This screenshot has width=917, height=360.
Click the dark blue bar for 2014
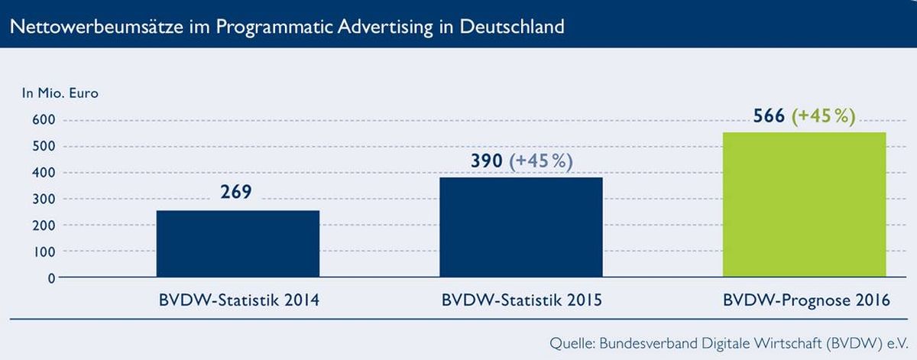tap(238, 244)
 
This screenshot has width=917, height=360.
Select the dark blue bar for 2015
tap(521, 227)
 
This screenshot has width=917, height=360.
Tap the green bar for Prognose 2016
tap(805, 205)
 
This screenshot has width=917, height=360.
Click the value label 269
tap(236, 192)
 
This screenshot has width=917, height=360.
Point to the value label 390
tap(486, 161)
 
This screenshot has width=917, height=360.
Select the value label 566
tap(769, 116)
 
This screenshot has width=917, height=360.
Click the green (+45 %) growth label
tap(823, 116)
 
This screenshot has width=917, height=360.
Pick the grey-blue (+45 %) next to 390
tap(540, 161)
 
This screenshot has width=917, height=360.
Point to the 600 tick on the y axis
tap(44, 119)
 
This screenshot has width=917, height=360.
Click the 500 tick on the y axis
tap(44, 146)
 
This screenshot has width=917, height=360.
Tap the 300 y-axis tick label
tap(44, 199)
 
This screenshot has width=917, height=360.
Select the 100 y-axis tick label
tap(44, 252)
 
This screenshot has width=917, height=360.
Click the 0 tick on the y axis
tap(51, 278)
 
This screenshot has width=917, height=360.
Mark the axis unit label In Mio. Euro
tap(60, 93)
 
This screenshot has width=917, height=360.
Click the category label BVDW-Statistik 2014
tap(239, 300)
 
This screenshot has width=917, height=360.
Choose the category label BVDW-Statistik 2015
tap(522, 300)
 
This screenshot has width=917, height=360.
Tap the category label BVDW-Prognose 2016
tap(806, 300)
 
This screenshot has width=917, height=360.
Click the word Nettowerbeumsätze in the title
tap(96, 27)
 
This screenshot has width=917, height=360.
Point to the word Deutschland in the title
tap(512, 27)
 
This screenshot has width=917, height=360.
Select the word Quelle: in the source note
tap(572, 343)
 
